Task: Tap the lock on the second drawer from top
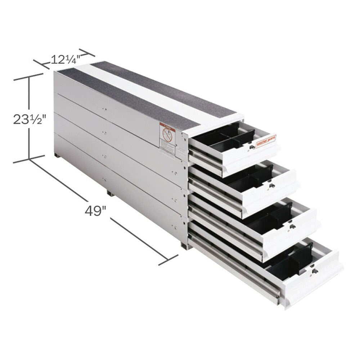point(271,186)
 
